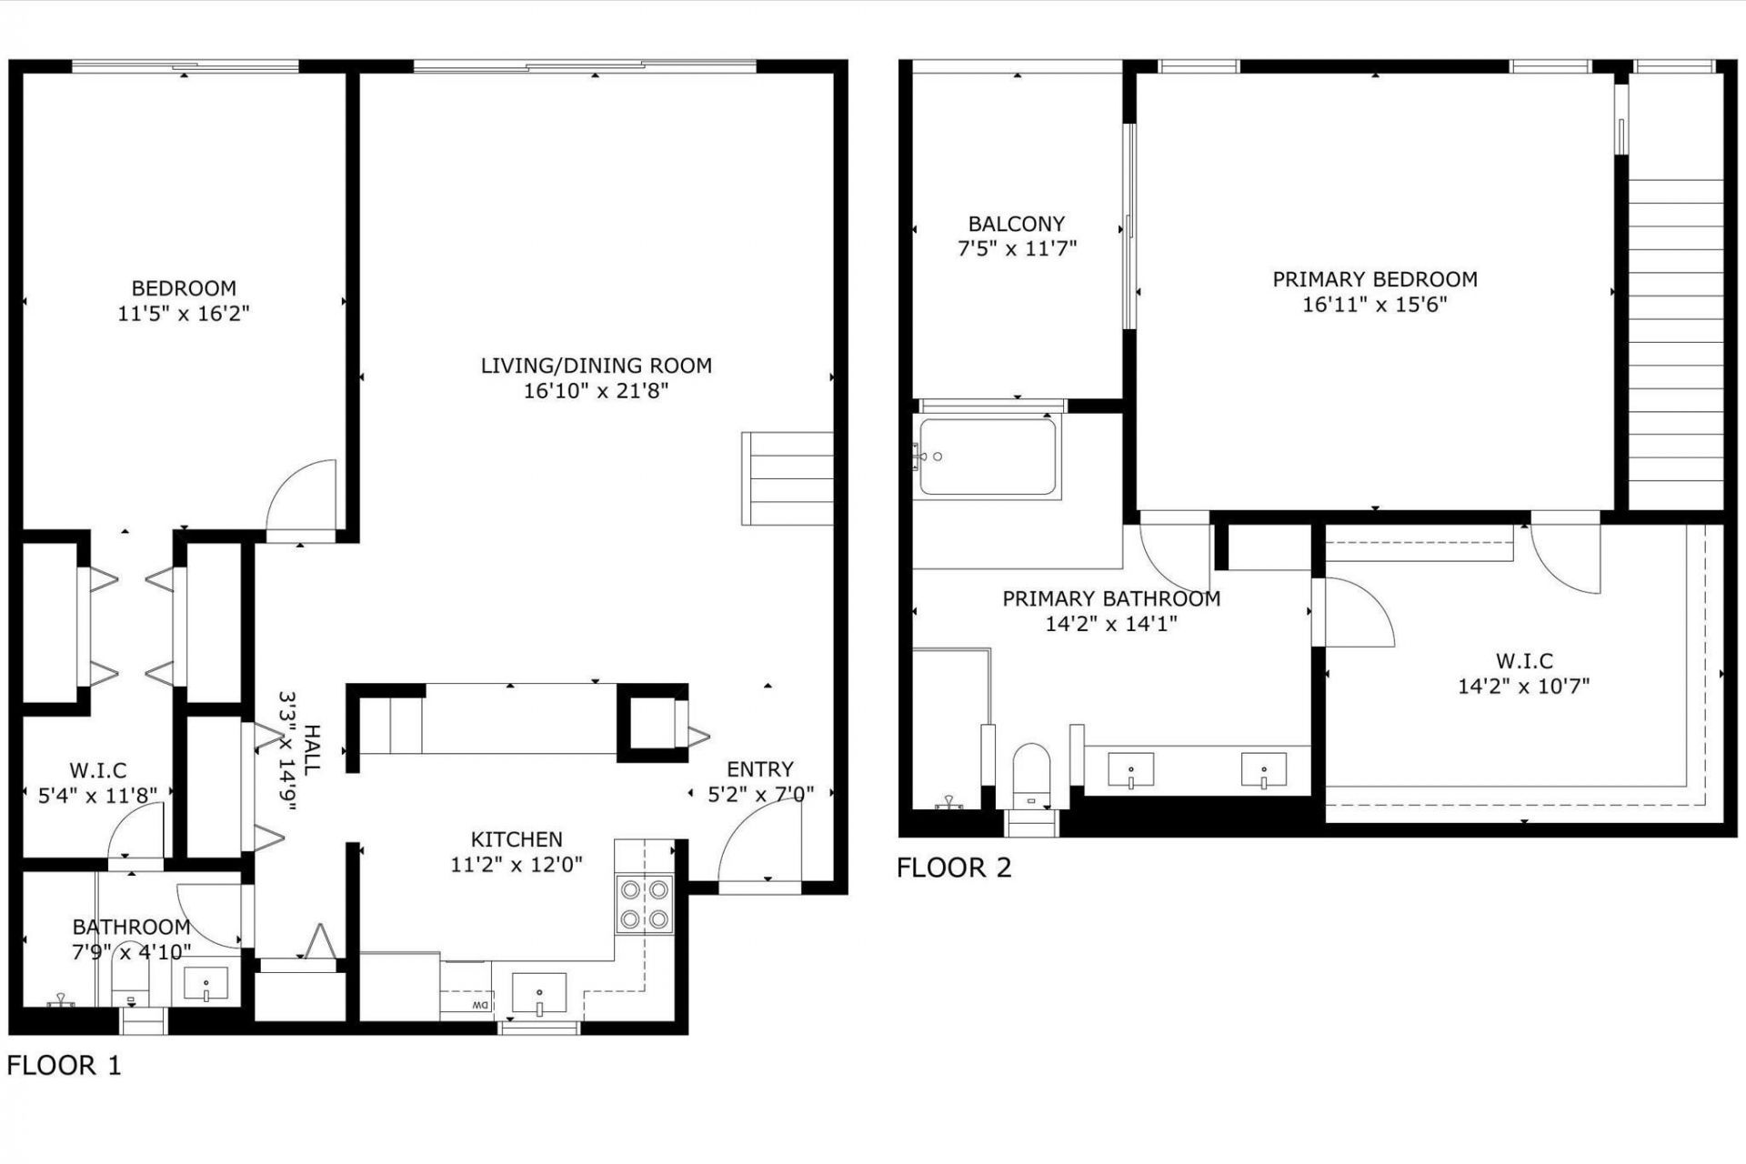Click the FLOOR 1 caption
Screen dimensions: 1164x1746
click(x=64, y=1065)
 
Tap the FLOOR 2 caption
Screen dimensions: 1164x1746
click(x=953, y=868)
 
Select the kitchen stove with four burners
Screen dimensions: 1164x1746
click(x=644, y=903)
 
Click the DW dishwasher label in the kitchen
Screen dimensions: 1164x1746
click(x=479, y=1005)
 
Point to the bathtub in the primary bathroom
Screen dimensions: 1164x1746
click(x=988, y=457)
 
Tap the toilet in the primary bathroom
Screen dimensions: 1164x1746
click(x=1030, y=774)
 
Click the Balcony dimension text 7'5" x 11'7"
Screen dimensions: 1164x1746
click(x=1017, y=248)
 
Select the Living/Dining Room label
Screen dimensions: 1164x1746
click(x=596, y=366)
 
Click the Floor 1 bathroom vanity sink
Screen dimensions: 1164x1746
click(x=206, y=983)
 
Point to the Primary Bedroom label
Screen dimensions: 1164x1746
click(x=1374, y=279)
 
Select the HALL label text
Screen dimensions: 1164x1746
click(x=311, y=750)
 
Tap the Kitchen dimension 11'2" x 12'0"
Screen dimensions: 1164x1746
click(x=516, y=864)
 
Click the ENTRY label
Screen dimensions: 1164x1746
click(x=759, y=769)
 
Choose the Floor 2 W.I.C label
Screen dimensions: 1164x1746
click(x=1523, y=661)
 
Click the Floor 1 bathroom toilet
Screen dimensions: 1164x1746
click(x=132, y=983)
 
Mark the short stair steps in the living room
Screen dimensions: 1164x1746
click(x=788, y=478)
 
